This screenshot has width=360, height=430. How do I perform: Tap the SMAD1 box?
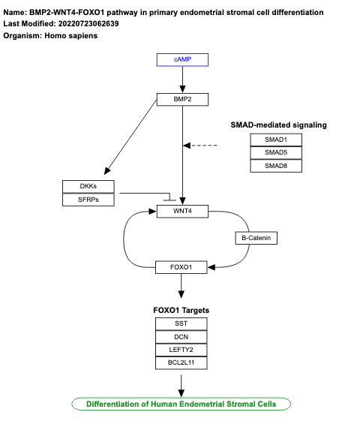277,140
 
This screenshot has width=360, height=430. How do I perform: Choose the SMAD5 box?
277,152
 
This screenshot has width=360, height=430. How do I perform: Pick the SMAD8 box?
277,166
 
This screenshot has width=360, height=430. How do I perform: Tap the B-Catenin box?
256,239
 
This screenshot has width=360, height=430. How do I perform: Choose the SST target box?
181,323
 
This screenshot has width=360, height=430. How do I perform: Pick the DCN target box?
181,337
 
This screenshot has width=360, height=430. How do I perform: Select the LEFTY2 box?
181,350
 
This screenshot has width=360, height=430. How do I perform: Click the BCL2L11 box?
181,363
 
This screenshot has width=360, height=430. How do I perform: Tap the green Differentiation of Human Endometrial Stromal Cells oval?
181,404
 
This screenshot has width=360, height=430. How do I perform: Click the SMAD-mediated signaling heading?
277,125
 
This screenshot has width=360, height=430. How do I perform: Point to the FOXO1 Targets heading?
181,309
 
